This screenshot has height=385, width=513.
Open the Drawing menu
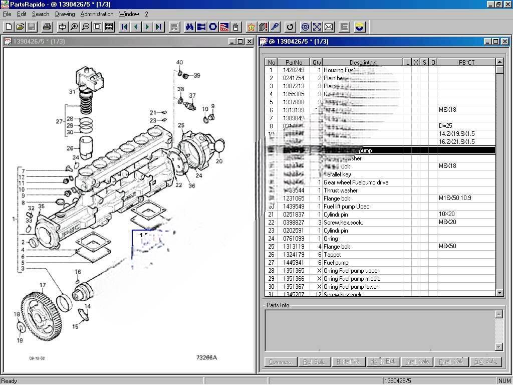coord(65,14)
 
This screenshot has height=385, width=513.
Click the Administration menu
coord(97,14)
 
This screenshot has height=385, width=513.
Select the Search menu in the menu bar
coord(41,14)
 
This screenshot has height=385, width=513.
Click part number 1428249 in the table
coord(294,70)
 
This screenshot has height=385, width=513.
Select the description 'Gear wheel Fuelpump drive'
coord(356,182)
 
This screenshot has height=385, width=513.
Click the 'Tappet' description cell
coord(332,255)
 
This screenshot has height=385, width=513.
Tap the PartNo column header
coord(294,63)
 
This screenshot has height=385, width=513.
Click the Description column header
coord(363,63)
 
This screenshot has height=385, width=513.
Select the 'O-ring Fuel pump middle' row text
coord(352,279)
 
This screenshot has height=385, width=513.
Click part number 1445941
coord(294,263)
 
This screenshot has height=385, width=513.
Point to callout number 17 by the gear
coord(43,285)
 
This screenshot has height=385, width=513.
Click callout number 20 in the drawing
coord(219,161)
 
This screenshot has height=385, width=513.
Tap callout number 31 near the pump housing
coord(72,92)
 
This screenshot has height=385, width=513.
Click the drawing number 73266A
coord(206,357)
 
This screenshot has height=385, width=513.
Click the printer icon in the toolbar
coord(47,27)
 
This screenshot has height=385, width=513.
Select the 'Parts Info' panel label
coord(278,305)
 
